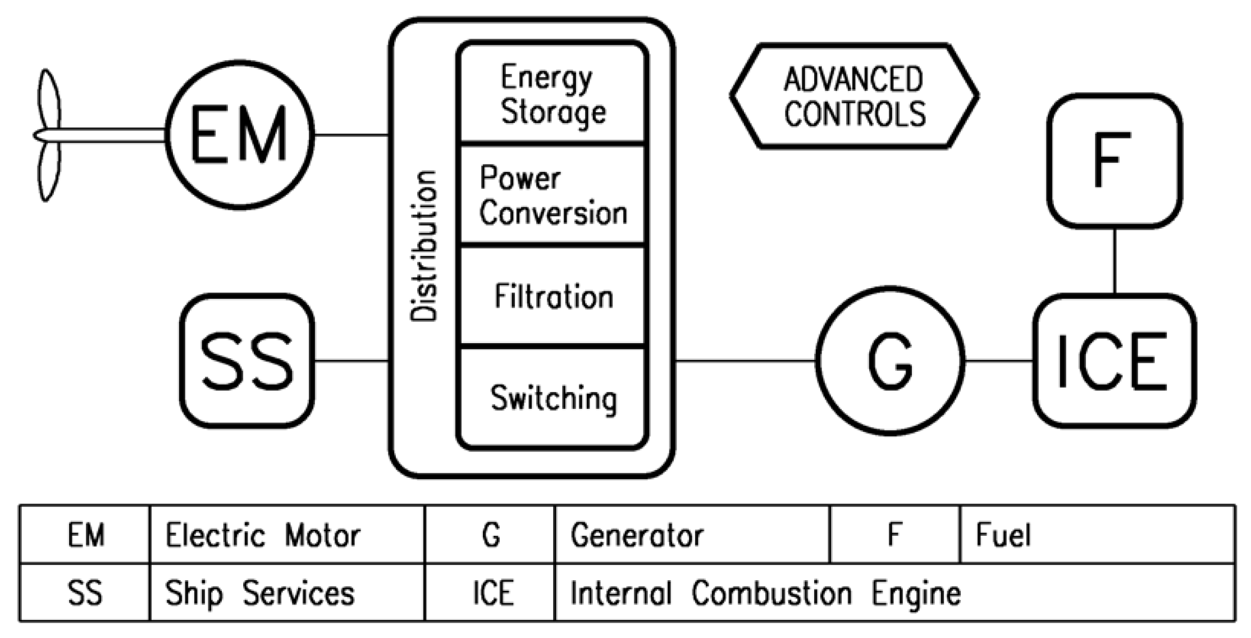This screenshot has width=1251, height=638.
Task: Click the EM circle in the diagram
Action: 240,135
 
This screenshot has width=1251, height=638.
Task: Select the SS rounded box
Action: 247,361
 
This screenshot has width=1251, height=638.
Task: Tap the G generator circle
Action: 890,361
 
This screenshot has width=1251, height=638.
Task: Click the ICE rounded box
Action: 1114,361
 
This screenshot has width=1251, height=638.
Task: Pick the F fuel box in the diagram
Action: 1114,161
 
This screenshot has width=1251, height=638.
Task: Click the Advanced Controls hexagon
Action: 854,96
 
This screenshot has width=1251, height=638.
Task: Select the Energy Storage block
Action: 553,94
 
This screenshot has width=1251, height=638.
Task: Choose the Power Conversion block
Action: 553,195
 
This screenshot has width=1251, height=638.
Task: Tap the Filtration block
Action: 553,296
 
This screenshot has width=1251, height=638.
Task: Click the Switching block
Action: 553,398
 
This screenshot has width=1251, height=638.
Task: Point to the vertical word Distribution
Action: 424,246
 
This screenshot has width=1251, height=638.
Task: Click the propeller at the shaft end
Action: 48,135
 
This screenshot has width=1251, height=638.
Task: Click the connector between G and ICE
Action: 999,361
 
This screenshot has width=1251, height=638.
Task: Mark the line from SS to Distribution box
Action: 351,361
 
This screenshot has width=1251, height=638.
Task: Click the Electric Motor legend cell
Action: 263,535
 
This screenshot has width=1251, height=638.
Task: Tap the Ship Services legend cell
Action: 259,593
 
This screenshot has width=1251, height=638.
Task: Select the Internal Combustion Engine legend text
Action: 765,593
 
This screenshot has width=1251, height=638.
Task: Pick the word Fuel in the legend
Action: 1003,535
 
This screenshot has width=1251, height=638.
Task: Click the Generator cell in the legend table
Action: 637,535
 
